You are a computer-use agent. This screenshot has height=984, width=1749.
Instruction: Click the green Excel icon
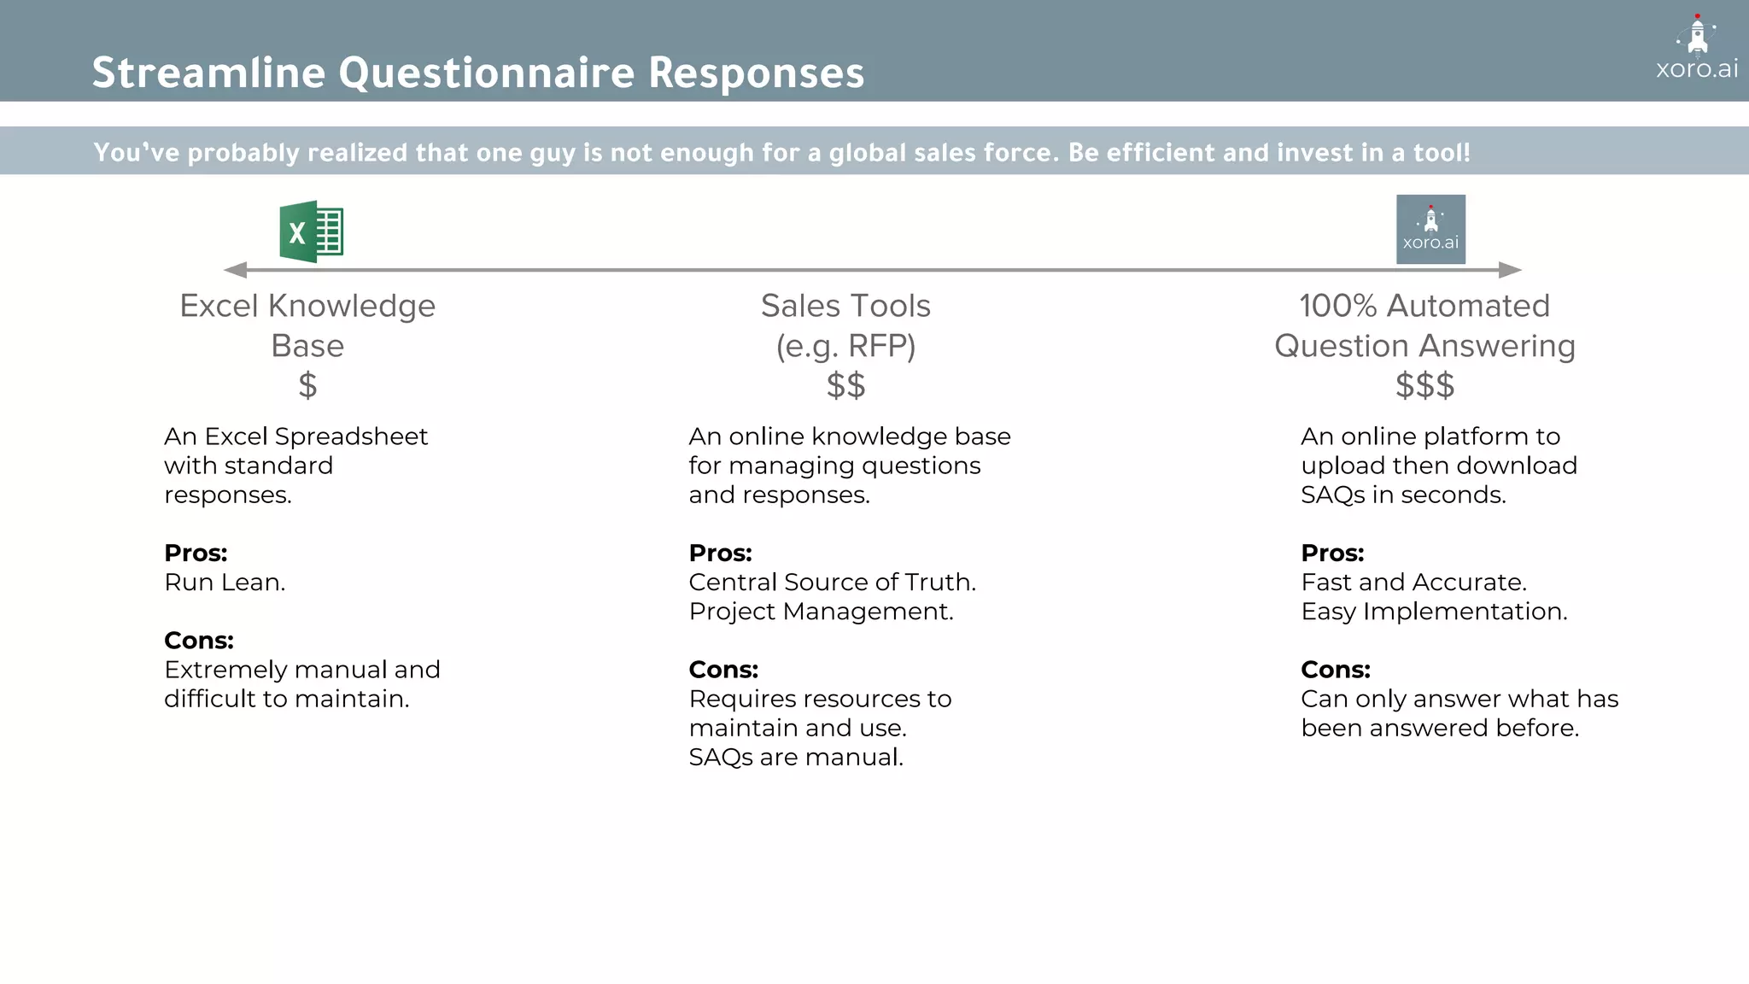coord(312,231)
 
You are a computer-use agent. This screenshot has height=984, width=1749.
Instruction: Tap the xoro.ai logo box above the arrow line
coord(1430,229)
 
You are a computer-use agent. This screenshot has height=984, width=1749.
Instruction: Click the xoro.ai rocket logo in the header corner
coord(1697,47)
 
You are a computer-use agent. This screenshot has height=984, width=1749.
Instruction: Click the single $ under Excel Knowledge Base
coord(307,385)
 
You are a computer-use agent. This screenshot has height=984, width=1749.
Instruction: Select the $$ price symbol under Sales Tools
coord(845,385)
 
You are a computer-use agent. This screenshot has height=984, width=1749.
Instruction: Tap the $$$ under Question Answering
coord(1424,385)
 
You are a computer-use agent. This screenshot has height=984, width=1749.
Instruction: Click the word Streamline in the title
coord(208,73)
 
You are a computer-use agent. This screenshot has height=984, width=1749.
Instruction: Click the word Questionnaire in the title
coord(487,73)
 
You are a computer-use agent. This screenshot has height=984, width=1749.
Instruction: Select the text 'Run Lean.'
coord(225,583)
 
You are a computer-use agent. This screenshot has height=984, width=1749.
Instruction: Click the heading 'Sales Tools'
coord(845,306)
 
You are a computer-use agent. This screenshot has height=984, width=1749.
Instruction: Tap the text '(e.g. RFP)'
coord(845,346)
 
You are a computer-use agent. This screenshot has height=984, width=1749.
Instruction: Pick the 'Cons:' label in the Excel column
coord(199,641)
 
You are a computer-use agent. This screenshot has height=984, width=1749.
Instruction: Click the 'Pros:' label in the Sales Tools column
coord(720,553)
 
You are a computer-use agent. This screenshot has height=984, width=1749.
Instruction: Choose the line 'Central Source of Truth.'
coord(832,583)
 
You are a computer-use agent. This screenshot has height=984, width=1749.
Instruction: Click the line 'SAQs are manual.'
coord(795,758)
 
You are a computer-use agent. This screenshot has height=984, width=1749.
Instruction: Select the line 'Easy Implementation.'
coord(1434,612)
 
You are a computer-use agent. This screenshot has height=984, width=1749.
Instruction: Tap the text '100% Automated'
coord(1424,306)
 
